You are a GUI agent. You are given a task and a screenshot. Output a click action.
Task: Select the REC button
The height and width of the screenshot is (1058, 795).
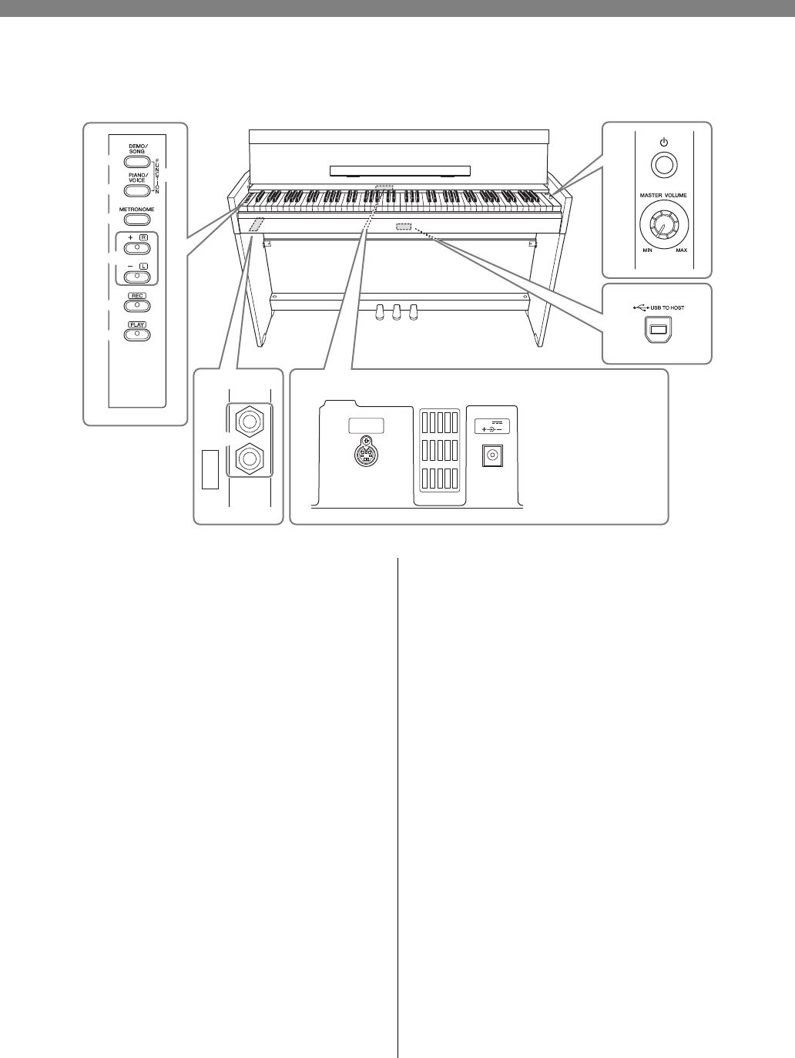136,306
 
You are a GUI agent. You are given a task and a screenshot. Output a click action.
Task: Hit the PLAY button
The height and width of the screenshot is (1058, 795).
136,334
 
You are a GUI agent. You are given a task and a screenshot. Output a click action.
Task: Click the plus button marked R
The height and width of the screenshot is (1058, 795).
136,248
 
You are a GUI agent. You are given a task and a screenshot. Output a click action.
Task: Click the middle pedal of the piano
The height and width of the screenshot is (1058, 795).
397,311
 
